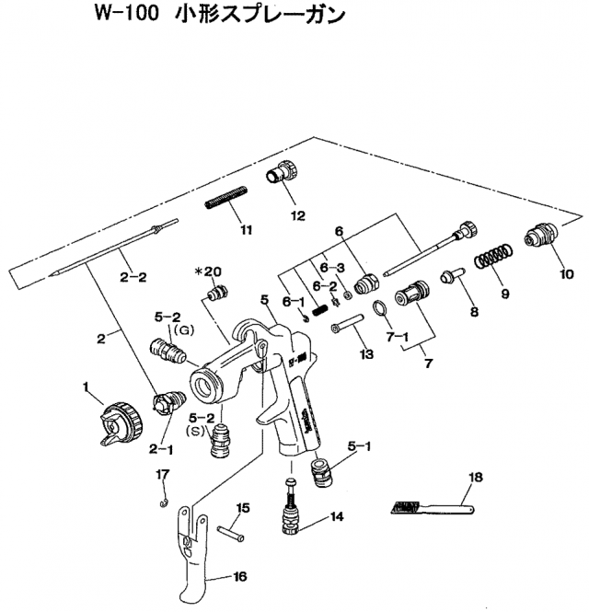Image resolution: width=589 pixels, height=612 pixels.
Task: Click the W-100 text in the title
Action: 143,16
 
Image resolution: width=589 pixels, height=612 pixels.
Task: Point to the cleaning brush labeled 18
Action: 433,505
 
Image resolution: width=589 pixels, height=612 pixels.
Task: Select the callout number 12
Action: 296,217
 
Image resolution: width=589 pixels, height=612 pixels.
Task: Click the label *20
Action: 208,271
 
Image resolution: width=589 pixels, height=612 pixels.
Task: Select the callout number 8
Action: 474,312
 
